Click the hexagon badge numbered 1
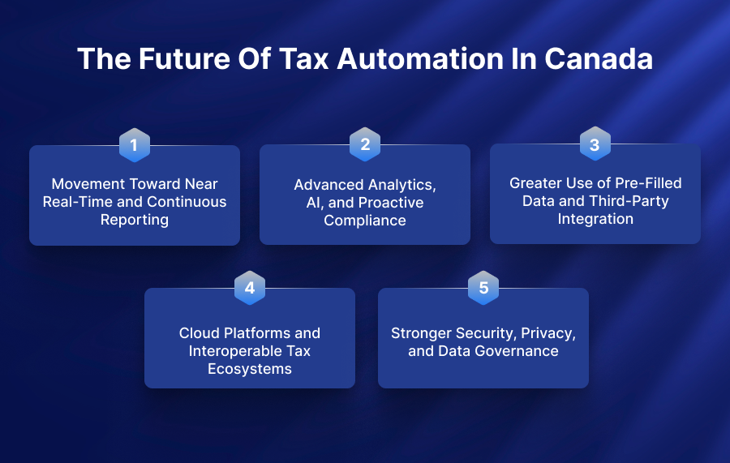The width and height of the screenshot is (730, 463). click(x=135, y=145)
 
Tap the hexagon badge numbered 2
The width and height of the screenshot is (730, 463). click(x=365, y=144)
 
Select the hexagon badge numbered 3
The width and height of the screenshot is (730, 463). click(x=595, y=144)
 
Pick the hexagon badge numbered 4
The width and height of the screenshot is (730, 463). click(x=250, y=288)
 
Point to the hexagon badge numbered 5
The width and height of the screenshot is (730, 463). click(x=483, y=288)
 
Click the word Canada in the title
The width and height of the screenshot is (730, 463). click(x=599, y=59)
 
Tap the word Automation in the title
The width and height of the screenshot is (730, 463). click(x=420, y=59)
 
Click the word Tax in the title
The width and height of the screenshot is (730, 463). click(x=304, y=59)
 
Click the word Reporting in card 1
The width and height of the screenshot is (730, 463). click(x=135, y=220)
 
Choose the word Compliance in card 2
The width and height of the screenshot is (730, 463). click(x=365, y=221)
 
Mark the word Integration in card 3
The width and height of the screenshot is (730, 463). click(x=595, y=219)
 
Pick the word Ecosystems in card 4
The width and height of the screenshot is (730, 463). click(x=250, y=369)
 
